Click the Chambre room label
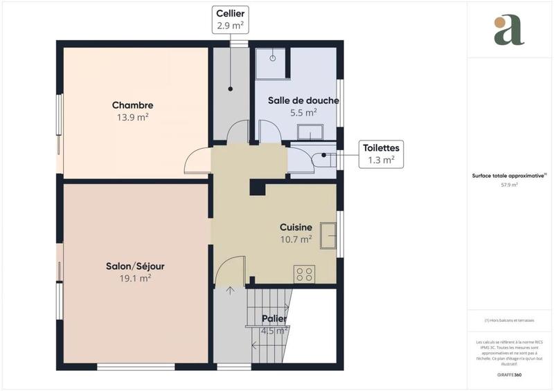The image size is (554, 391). pyautogui.click(x=132, y=105)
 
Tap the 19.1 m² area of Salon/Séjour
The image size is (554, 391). pyautogui.click(x=135, y=278)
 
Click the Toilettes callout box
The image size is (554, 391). pyautogui.click(x=380, y=154)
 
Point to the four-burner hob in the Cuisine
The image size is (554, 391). pyautogui.click(x=303, y=273)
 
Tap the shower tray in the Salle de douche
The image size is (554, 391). pyautogui.click(x=271, y=62)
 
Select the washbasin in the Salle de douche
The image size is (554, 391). pyautogui.click(x=311, y=131)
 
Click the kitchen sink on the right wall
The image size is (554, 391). pyautogui.click(x=333, y=229)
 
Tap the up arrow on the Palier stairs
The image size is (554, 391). pyautogui.click(x=230, y=289)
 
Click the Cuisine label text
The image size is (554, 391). pyautogui.click(x=296, y=227)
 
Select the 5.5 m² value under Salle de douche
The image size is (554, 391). pyautogui.click(x=303, y=112)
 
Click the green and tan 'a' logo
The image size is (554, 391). pyautogui.click(x=509, y=30)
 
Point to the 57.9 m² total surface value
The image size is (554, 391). pyautogui.click(x=509, y=185)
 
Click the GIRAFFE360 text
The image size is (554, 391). pyautogui.click(x=509, y=373)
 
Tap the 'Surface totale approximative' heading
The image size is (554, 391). pyautogui.click(x=509, y=176)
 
